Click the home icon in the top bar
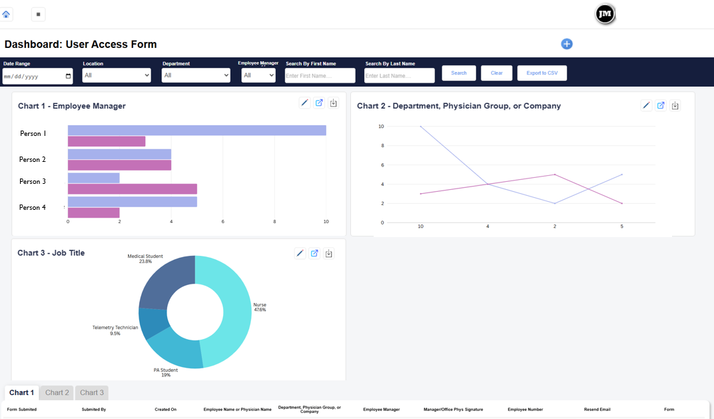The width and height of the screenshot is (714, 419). (6, 14)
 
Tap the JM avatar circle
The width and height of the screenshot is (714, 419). (605, 14)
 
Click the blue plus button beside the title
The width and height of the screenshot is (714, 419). (567, 44)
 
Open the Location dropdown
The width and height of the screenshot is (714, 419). (117, 75)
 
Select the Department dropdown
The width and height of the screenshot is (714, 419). (196, 75)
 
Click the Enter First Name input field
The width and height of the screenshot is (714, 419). (320, 76)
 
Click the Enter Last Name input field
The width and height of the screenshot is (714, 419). (399, 76)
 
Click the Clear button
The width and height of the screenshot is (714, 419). (496, 73)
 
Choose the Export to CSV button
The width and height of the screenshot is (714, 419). (541, 73)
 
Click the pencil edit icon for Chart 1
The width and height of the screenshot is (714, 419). (304, 103)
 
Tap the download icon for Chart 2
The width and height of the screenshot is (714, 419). (675, 105)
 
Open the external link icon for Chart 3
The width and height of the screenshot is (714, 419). (314, 253)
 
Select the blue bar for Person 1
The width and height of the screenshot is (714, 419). (196, 130)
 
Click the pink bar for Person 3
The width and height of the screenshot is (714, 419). (133, 189)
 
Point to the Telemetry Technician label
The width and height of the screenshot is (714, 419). (115, 328)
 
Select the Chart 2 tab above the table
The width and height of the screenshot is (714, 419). (57, 392)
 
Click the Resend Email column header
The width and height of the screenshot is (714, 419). (597, 409)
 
